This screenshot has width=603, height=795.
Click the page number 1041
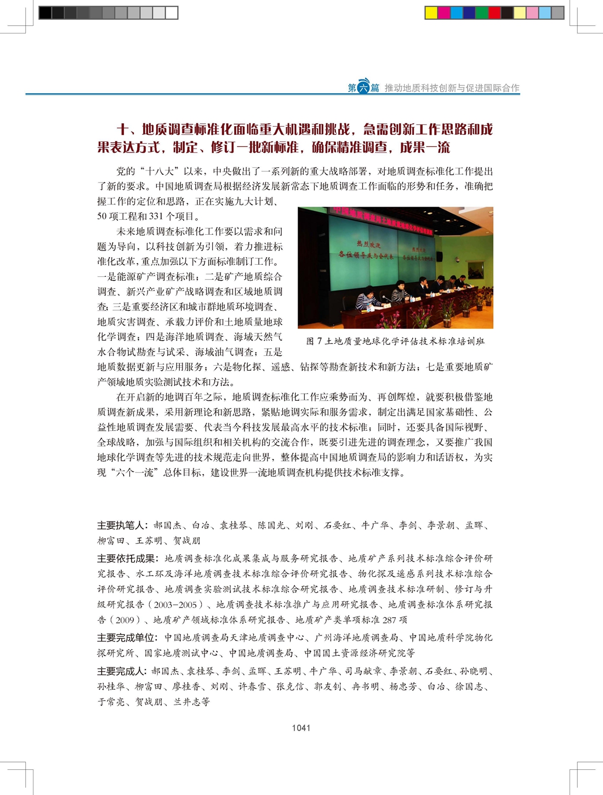(x=301, y=728)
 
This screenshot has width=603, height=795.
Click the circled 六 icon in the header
(x=363, y=87)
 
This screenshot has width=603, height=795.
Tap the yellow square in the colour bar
(x=431, y=13)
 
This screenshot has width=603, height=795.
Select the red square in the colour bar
(x=494, y=13)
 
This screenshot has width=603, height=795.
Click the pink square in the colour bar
(x=532, y=13)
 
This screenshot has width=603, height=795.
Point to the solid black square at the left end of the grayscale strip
(x=45, y=13)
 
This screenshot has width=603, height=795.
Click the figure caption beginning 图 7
(x=395, y=341)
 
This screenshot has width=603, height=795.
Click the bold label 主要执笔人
(x=122, y=525)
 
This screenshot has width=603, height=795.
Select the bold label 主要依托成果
(x=127, y=559)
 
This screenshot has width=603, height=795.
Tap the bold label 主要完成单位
(x=127, y=638)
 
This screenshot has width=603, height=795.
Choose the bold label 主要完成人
(x=122, y=671)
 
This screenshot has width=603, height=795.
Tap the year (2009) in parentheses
(x=124, y=620)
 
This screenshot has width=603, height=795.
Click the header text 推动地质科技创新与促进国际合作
(x=452, y=88)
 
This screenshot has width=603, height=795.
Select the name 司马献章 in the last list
(x=363, y=671)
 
